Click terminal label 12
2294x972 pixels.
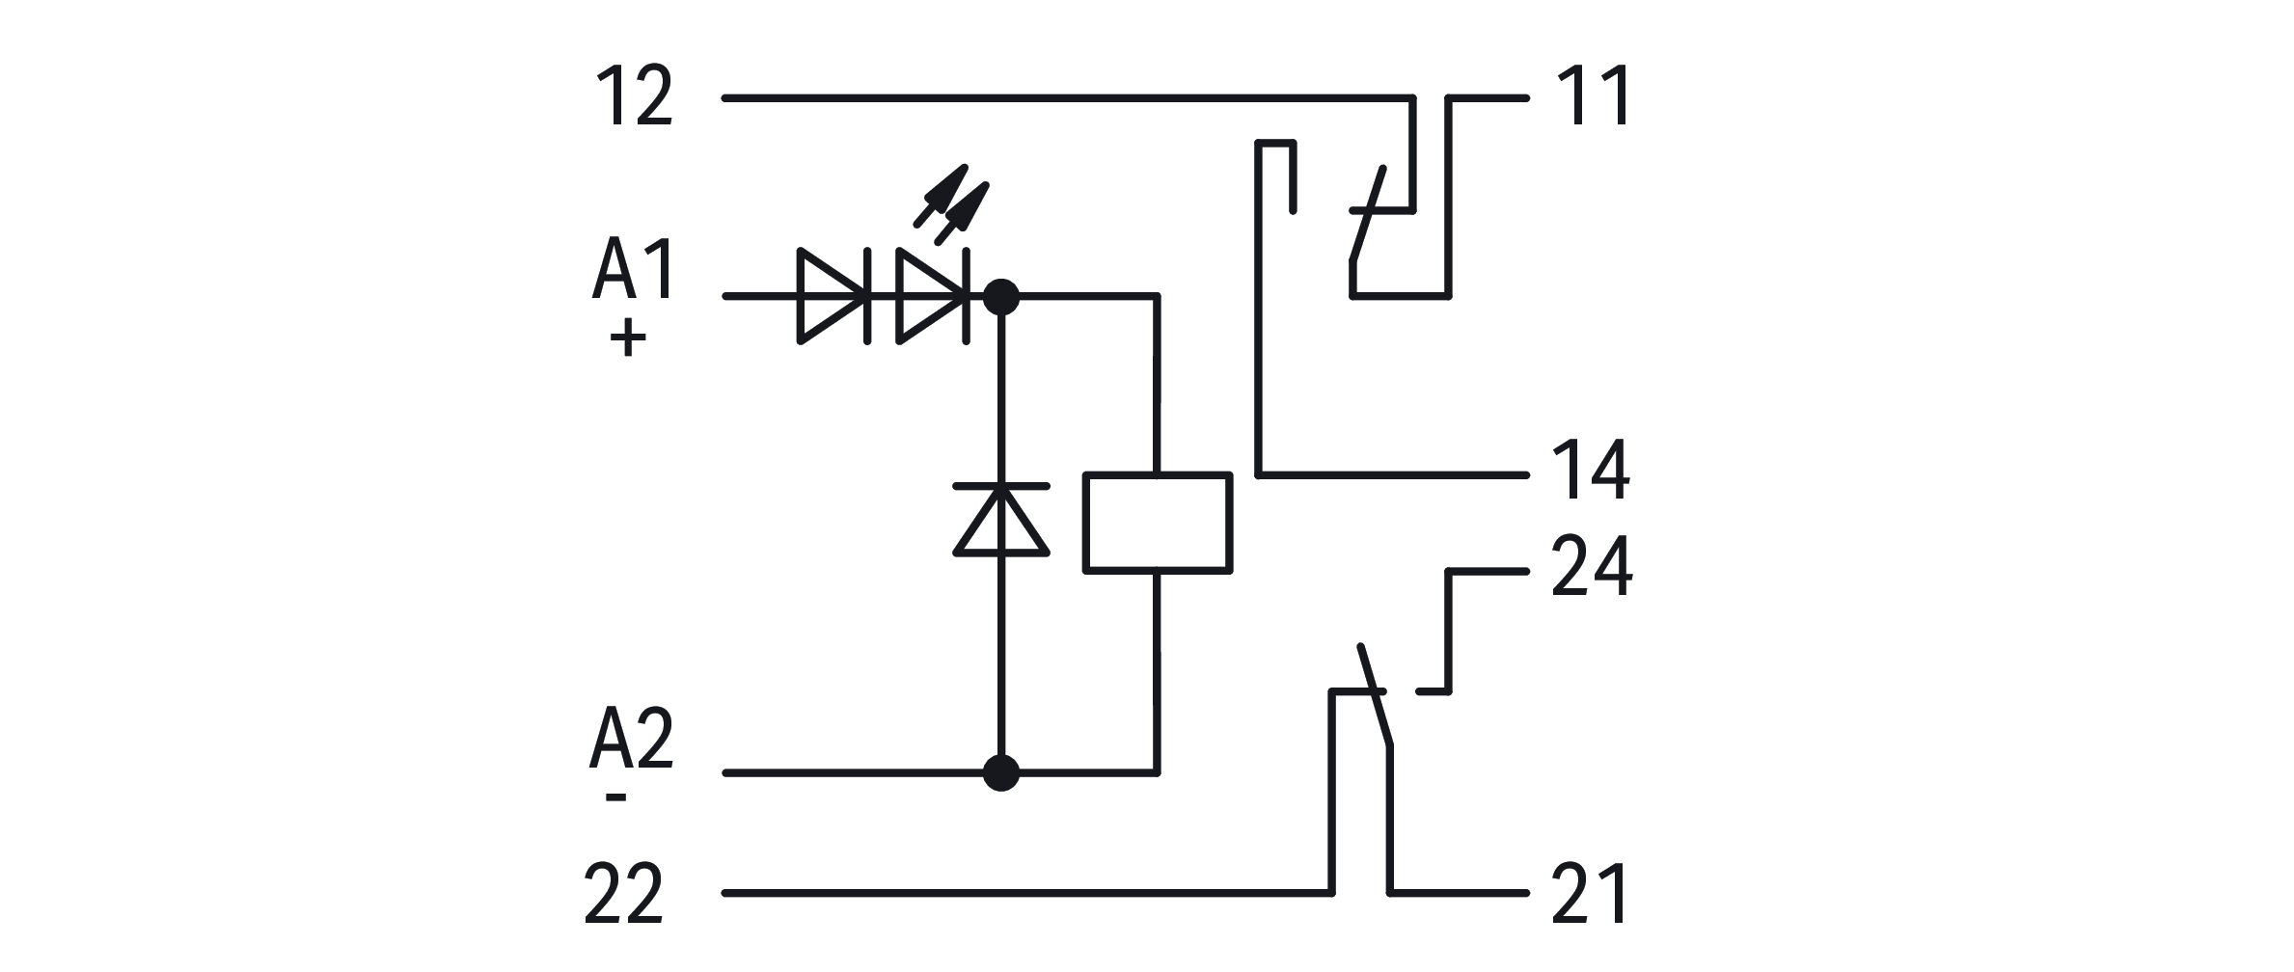point(635,96)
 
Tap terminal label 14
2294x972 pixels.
point(1591,471)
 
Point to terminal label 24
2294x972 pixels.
point(1592,567)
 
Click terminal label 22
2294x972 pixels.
point(624,895)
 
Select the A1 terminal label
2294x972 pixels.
point(634,271)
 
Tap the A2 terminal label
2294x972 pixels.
point(632,740)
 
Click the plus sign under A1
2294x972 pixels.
point(628,339)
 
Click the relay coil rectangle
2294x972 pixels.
point(1158,523)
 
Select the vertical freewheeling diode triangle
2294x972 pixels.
point(1001,521)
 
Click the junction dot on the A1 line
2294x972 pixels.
point(1001,296)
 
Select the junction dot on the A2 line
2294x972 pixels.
point(1001,772)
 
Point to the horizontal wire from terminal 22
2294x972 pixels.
point(1023,894)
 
